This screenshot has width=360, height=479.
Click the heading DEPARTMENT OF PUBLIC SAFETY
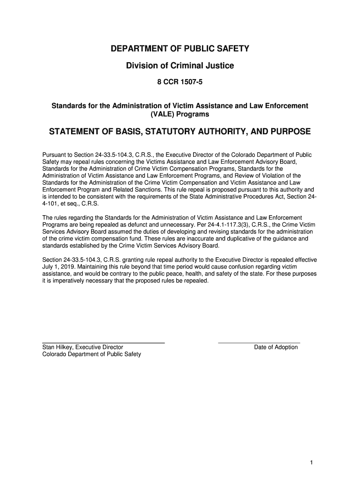pyautogui.click(x=180, y=49)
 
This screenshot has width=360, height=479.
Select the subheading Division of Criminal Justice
pyautogui.click(x=180, y=66)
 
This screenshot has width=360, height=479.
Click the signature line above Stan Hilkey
pyautogui.click(x=103, y=343)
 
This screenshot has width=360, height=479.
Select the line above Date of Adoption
pyautogui.click(x=259, y=343)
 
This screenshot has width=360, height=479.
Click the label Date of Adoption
pyautogui.click(x=276, y=347)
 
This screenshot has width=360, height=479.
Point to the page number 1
pyautogui.click(x=311, y=463)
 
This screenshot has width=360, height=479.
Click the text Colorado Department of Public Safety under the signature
pyautogui.click(x=92, y=354)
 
